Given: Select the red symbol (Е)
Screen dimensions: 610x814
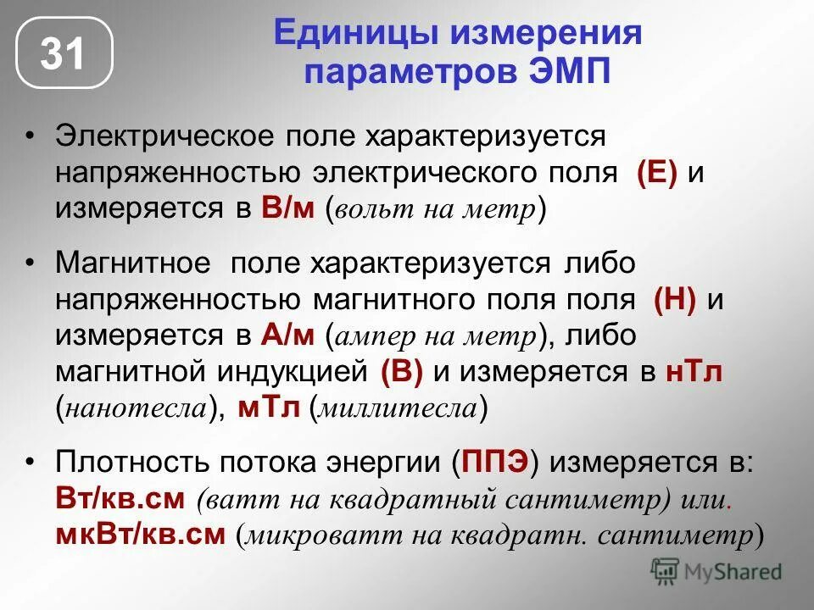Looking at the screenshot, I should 657,173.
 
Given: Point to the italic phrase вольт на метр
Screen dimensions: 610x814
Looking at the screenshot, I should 437,209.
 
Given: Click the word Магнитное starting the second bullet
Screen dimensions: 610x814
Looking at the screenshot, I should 132,263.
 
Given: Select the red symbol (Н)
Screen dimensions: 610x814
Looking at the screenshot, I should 675,300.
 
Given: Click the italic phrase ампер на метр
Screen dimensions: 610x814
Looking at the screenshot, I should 438,336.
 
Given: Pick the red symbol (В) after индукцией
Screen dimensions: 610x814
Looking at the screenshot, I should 402,372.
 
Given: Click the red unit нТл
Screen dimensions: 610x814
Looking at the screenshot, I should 694,372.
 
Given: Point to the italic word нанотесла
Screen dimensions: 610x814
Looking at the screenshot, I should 136,409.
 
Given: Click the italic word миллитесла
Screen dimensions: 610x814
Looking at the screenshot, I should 398,409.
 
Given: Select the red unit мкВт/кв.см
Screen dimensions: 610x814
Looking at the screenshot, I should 141,534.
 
